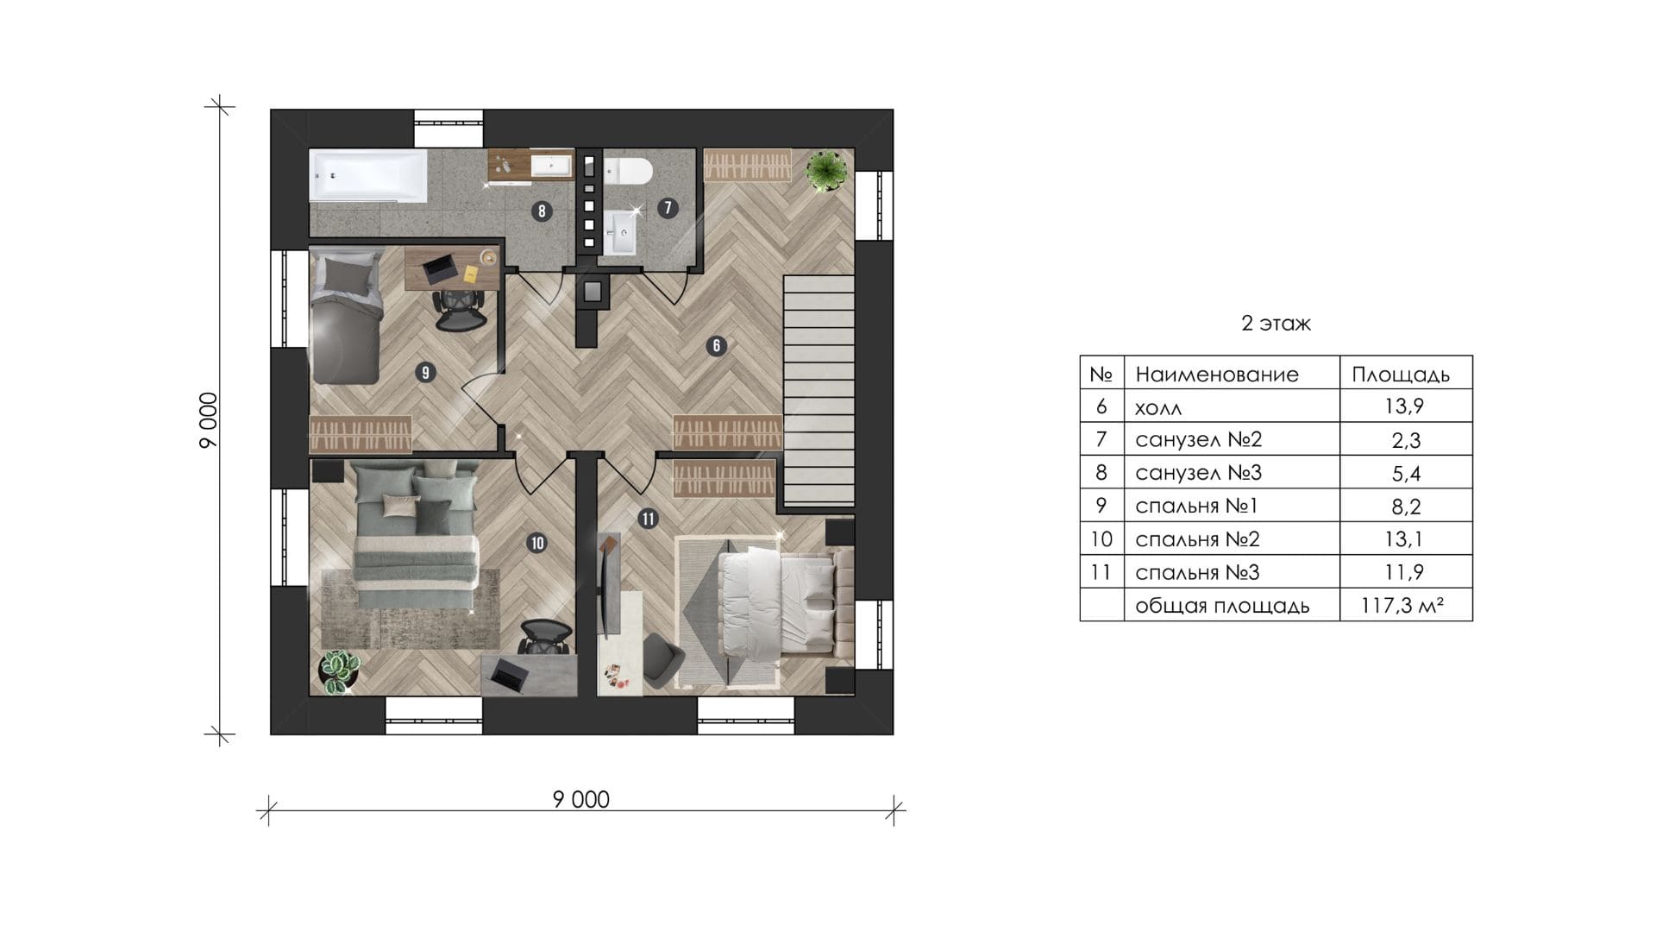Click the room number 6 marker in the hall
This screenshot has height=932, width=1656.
pos(716,346)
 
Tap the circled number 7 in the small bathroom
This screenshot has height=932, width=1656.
pos(667,207)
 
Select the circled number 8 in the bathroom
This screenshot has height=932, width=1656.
pos(541,211)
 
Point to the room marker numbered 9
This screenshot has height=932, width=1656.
pos(424,373)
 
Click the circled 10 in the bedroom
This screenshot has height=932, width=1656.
pos(537,543)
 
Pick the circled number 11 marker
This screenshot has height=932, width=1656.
pos(648,519)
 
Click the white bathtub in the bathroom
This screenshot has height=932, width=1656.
pos(368,177)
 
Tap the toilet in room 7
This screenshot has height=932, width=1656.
pos(627,173)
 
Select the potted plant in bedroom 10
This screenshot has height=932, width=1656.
pos(341,670)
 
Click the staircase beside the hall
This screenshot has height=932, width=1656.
pos(819,390)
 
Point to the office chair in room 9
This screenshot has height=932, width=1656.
pos(457,309)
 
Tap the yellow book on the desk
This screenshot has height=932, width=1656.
pos(471,274)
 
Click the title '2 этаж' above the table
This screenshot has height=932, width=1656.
pos(1276,324)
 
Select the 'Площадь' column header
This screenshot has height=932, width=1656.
pos(1400,375)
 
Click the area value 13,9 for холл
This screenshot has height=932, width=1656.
pos(1405,406)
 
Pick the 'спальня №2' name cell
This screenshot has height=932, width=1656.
pos(1197,539)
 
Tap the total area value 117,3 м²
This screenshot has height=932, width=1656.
pos(1402,606)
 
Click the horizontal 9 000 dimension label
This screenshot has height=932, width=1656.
pos(581,800)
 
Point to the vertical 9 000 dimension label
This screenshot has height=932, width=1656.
pos(209,420)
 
